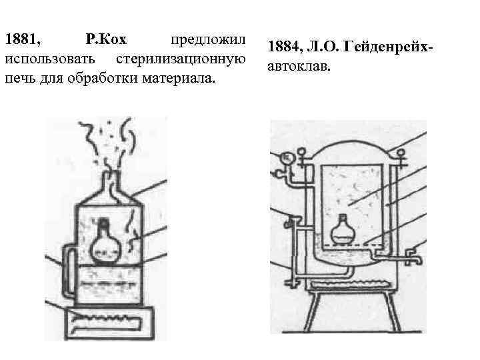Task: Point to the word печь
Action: point(20,79)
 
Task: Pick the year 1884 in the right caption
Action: point(285,48)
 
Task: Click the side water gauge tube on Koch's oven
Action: point(66,273)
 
